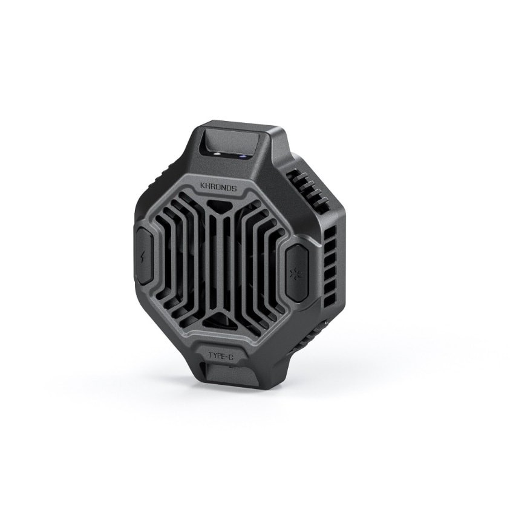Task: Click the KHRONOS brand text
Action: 218,187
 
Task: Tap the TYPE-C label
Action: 221,356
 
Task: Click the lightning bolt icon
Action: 144,254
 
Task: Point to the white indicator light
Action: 217,154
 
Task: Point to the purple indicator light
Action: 242,156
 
